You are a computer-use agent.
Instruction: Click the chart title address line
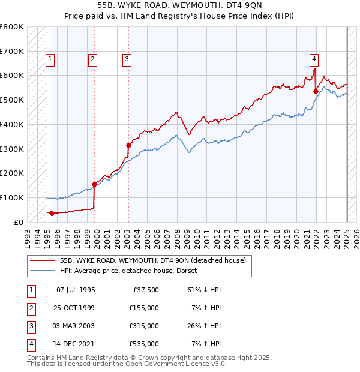[179, 6]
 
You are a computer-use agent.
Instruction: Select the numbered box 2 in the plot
[93, 59]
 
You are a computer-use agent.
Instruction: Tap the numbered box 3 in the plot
[127, 59]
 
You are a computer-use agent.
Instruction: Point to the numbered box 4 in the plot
[314, 59]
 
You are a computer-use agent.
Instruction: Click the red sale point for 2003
[128, 145]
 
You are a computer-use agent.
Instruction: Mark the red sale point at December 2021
[316, 91]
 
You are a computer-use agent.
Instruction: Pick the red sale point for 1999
[94, 184]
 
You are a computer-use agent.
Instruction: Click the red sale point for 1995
[52, 213]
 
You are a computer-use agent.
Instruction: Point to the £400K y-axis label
[12, 124]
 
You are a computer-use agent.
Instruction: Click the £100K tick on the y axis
[12, 197]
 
